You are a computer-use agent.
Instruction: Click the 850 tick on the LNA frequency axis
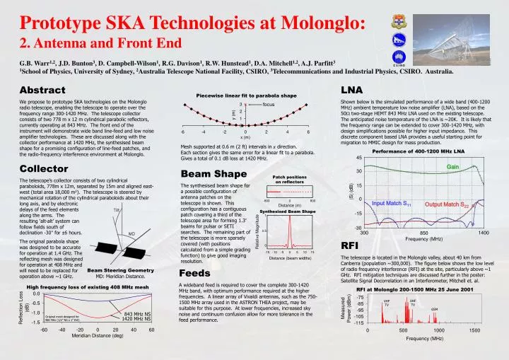coord(423,233)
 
